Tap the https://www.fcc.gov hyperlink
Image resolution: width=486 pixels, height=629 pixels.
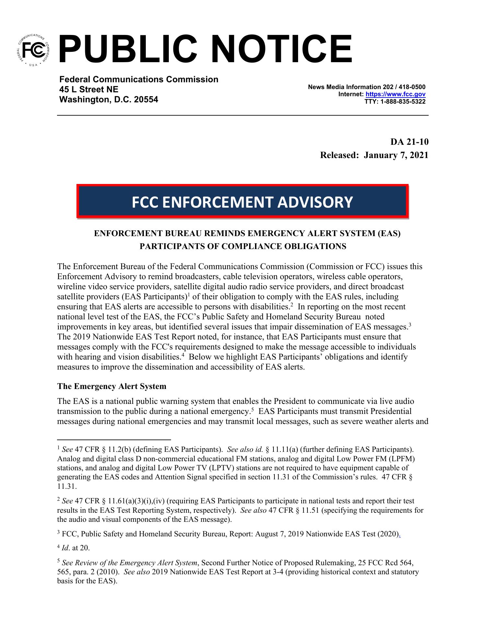pyautogui.click(x=395, y=94)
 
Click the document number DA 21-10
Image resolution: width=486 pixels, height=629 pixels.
pyautogui.click(x=409, y=142)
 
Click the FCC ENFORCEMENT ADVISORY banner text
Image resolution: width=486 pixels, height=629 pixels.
pyautogui.click(x=242, y=202)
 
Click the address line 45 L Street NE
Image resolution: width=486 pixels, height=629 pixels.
pyautogui.click(x=88, y=89)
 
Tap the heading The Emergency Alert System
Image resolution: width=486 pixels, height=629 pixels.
pyautogui.click(x=112, y=386)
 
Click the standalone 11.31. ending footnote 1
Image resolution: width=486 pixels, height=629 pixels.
pyautogui.click(x=67, y=486)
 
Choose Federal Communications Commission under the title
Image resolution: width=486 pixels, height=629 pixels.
pyautogui.click(x=139, y=79)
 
